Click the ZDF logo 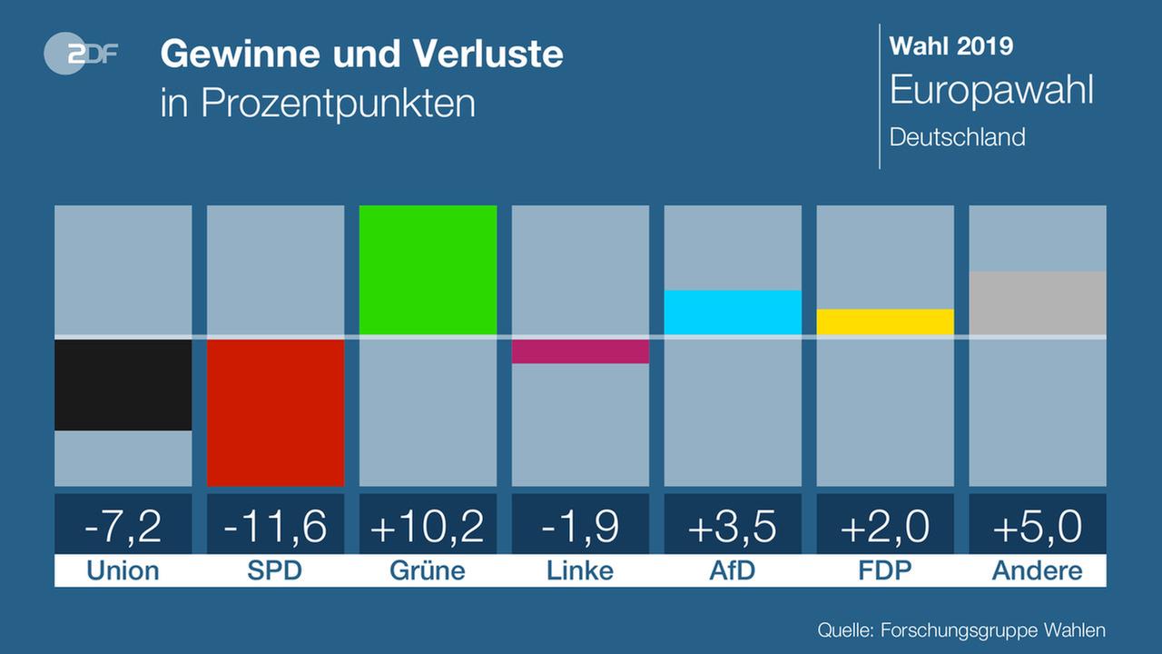pos(80,55)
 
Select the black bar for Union pos(123,384)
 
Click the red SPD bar pos(276,412)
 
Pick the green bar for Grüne pos(428,270)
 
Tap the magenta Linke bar pos(581,351)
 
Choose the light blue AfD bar pos(734,312)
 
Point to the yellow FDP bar pos(886,322)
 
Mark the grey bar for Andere pos(1039,303)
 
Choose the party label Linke pos(581,570)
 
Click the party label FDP pos(886,570)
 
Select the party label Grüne pos(428,570)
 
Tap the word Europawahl pos(991,91)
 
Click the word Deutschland pos(958,137)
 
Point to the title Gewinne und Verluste pos(361,54)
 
